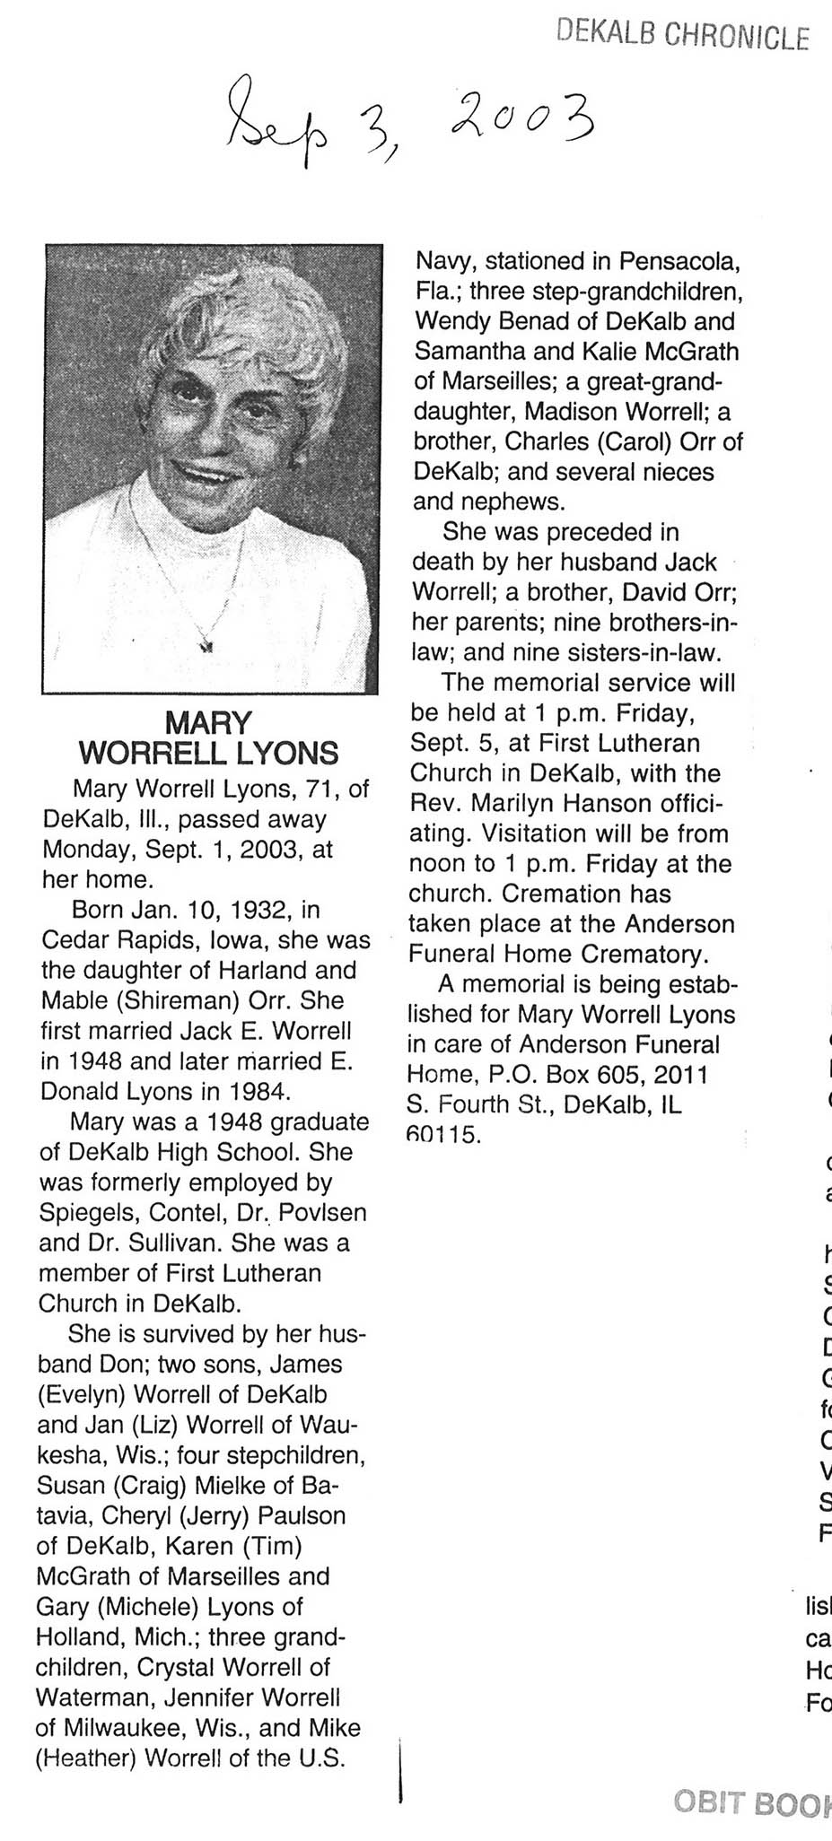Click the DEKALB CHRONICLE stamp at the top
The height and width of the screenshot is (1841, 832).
pyautogui.click(x=682, y=35)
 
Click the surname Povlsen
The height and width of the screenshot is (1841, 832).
pyautogui.click(x=322, y=1213)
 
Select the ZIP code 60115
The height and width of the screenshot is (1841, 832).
pyautogui.click(x=444, y=1135)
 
